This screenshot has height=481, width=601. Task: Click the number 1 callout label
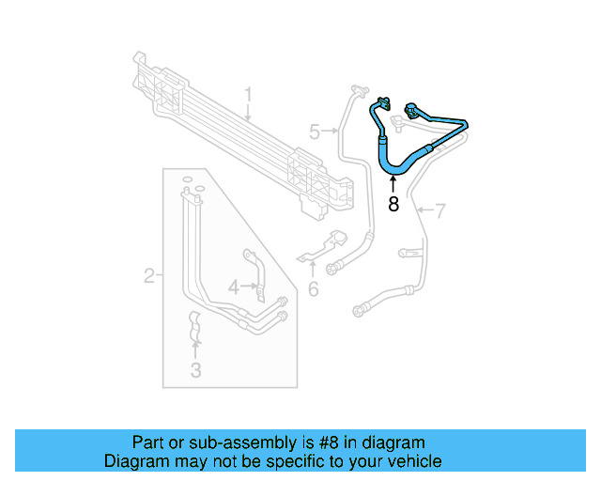(249, 95)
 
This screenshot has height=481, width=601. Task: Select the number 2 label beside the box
(149, 276)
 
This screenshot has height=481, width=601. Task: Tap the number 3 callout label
(195, 370)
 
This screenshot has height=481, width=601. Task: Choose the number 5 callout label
(315, 132)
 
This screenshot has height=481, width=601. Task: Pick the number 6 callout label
(314, 290)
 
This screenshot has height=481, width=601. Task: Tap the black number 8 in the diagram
(393, 204)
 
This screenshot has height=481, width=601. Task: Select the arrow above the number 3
(195, 350)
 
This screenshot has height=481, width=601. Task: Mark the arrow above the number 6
(314, 271)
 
